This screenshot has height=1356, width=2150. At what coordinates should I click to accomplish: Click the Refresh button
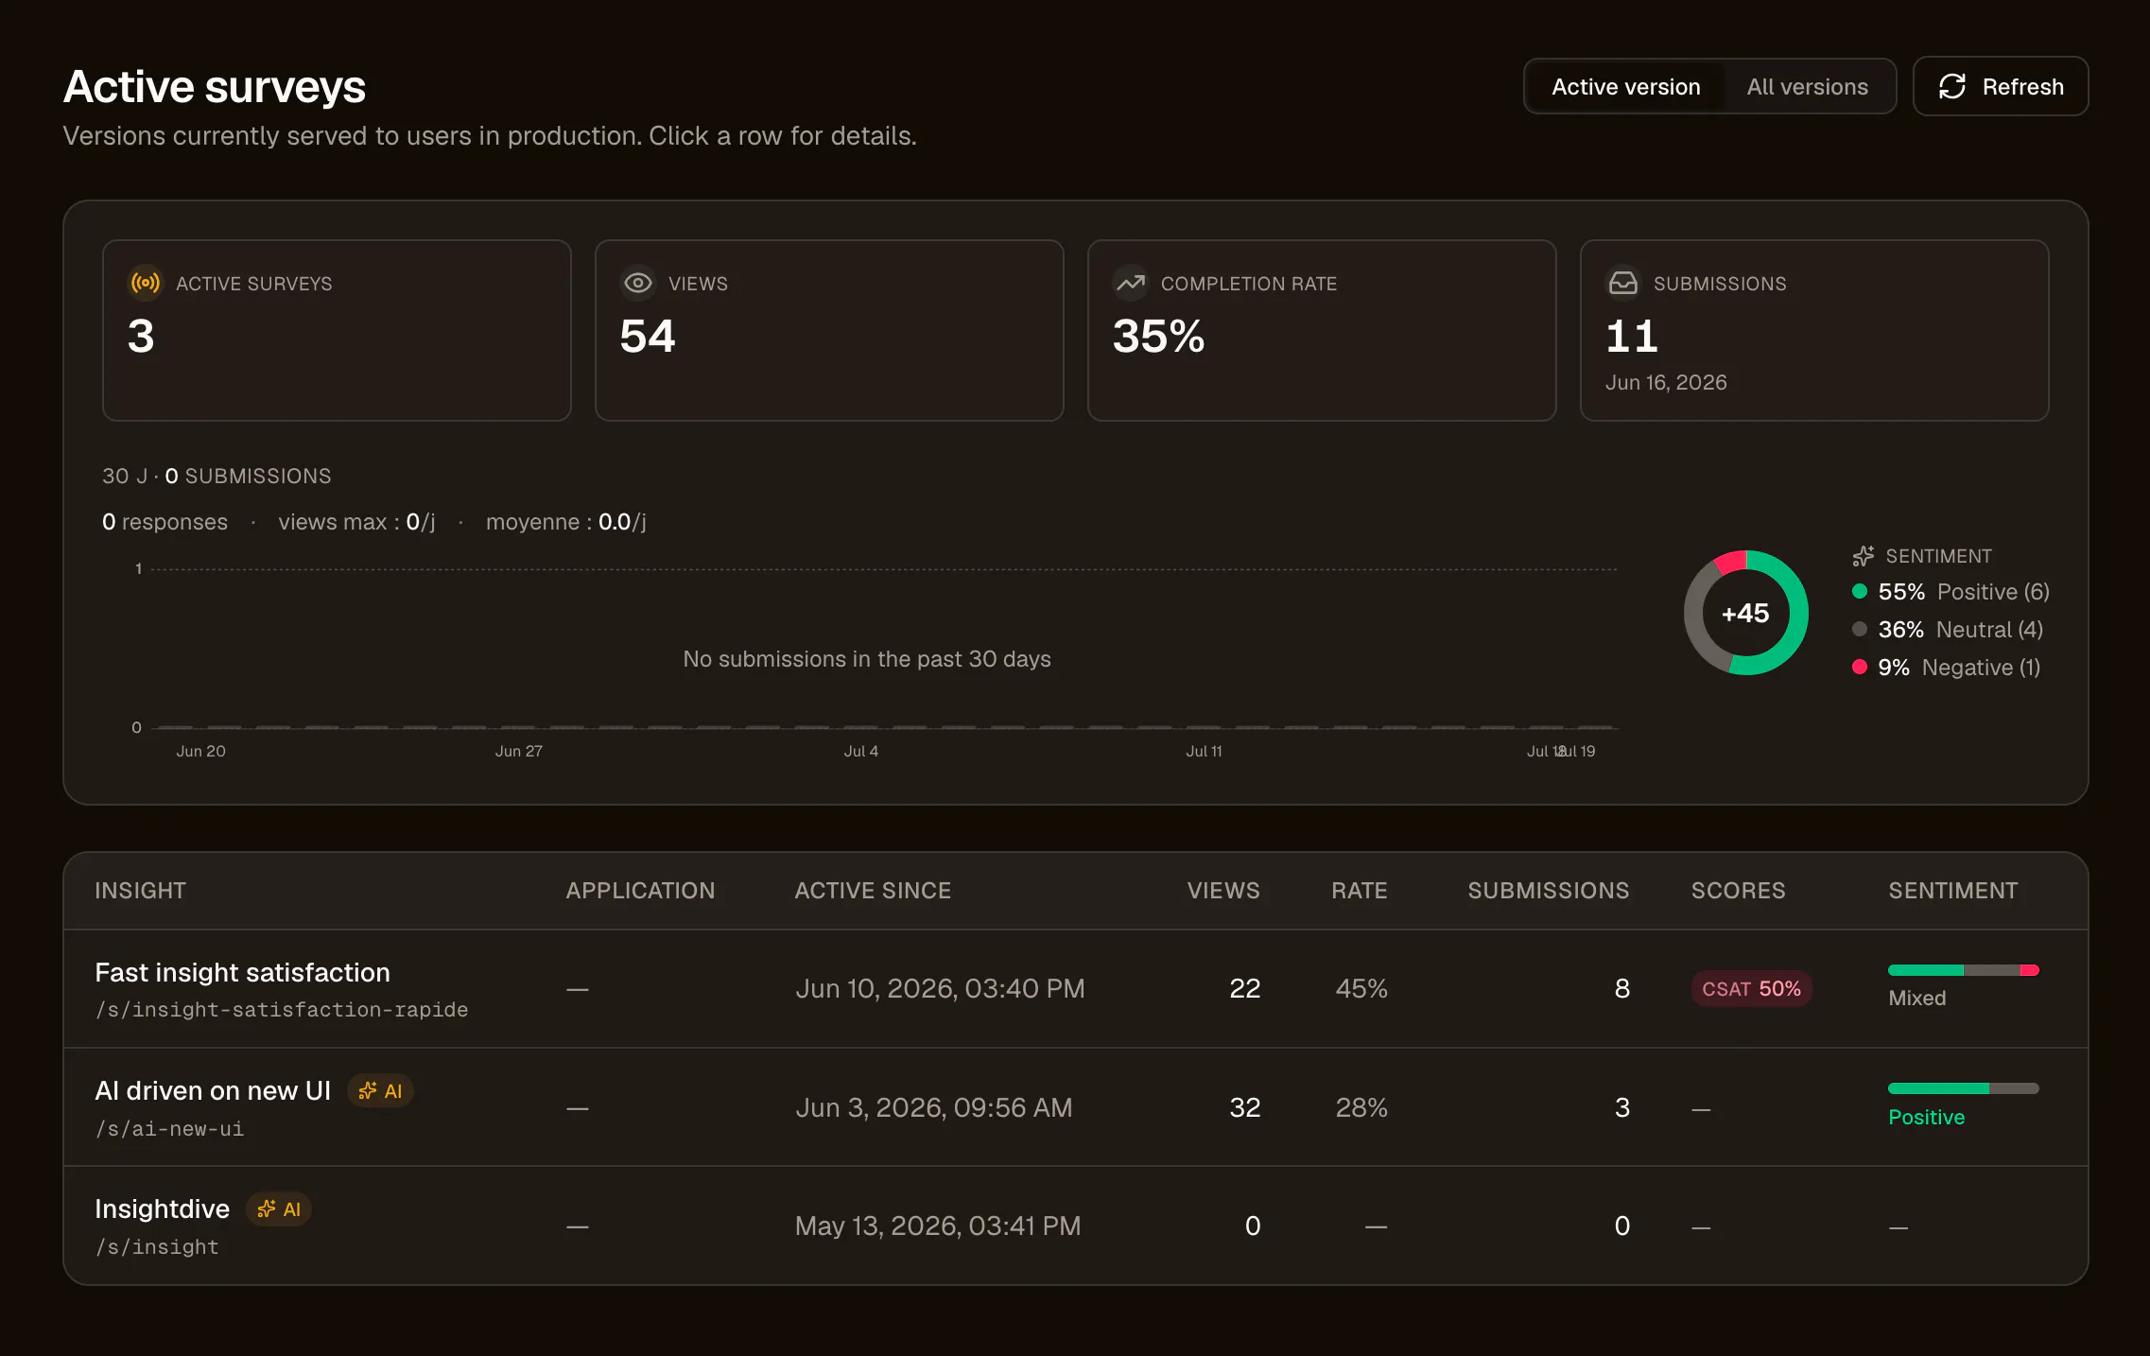[2000, 86]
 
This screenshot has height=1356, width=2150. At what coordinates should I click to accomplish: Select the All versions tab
[1807, 87]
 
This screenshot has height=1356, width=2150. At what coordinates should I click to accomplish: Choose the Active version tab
[1625, 87]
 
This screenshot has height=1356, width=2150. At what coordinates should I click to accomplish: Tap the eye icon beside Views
[638, 283]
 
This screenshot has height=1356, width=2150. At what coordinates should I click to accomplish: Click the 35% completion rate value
[1158, 337]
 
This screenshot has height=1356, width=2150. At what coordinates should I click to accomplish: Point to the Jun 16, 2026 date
[1666, 382]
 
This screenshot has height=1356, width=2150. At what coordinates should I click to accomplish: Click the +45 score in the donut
[1745, 613]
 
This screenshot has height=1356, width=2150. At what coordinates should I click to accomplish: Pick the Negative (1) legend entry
[1946, 668]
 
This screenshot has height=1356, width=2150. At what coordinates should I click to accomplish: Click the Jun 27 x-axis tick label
[519, 751]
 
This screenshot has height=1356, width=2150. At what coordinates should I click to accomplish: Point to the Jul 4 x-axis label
[861, 751]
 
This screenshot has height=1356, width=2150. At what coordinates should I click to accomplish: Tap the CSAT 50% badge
[1751, 988]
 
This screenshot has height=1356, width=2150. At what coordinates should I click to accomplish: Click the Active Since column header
[873, 891]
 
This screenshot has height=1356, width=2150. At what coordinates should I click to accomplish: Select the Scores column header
[1738, 891]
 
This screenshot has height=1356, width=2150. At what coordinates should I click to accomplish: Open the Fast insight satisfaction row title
[243, 972]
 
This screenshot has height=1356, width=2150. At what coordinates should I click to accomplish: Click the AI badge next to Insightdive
[279, 1208]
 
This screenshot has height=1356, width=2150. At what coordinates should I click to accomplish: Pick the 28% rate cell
[1361, 1107]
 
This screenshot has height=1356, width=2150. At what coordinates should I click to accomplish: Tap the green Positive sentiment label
[1926, 1117]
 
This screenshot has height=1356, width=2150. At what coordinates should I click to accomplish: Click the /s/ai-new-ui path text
[169, 1129]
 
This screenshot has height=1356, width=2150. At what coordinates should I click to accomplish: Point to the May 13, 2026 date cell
[938, 1226]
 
